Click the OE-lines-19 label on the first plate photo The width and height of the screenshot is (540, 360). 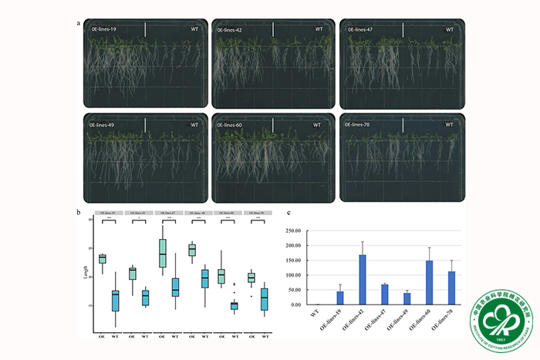(103, 29)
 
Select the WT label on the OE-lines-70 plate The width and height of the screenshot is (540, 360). (446, 125)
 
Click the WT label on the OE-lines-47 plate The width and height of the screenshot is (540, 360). (446, 29)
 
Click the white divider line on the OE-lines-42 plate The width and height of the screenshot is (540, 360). (273, 29)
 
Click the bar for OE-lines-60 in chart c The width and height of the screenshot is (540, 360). (428, 283)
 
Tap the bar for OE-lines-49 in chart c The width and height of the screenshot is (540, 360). (407, 299)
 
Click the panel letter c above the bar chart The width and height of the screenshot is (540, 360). (288, 213)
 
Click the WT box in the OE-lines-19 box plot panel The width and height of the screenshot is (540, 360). (116, 301)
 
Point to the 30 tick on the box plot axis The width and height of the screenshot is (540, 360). (90, 220)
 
